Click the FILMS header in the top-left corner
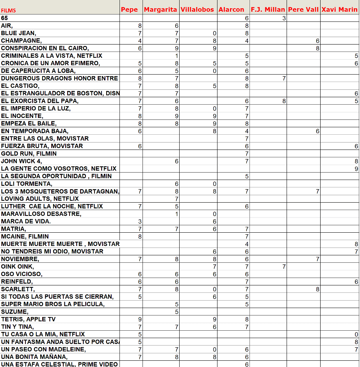9,11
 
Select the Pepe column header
129,9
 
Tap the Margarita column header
160,9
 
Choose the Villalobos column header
197,9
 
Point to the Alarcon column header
231,9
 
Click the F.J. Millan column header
267,9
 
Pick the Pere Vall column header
303,9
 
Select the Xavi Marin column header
339,9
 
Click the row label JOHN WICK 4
21,161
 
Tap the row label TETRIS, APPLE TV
28,319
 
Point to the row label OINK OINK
17,267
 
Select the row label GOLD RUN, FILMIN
29,153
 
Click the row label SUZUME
14,312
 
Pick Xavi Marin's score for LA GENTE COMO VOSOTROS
356,169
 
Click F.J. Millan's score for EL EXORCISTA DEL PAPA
284,101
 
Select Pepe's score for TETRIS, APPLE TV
140,319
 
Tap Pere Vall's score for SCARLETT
317,289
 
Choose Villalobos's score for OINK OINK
214,267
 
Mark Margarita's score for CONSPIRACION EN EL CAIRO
176,48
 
